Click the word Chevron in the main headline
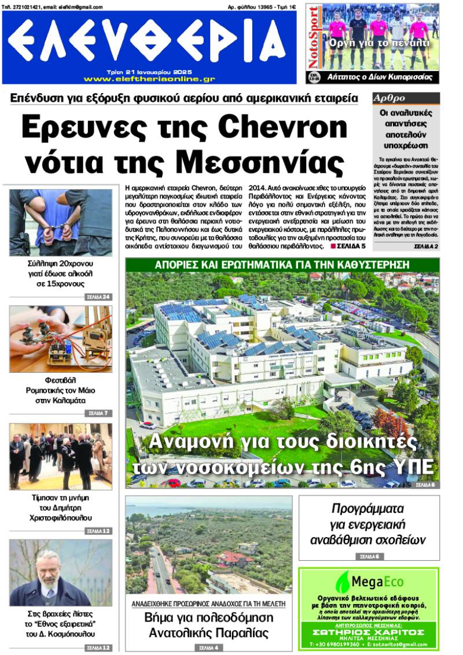(x=284, y=126)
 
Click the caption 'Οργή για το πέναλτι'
(x=379, y=43)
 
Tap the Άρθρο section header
(x=389, y=98)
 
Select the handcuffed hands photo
(x=60, y=223)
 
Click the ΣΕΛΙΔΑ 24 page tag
(x=97, y=297)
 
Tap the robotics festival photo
(x=60, y=339)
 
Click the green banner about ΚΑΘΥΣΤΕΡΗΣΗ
(x=282, y=265)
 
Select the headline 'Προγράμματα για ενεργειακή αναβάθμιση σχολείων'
(x=369, y=524)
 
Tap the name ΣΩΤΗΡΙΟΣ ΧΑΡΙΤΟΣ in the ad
(x=369, y=632)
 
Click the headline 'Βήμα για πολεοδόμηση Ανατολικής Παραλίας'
(x=208, y=625)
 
